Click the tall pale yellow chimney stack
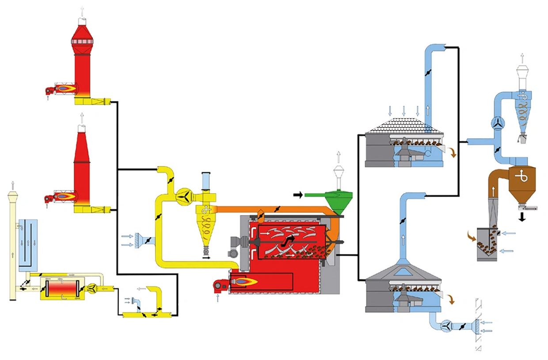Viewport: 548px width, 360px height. (x=14, y=243)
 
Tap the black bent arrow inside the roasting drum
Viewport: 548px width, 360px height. (x=289, y=240)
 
